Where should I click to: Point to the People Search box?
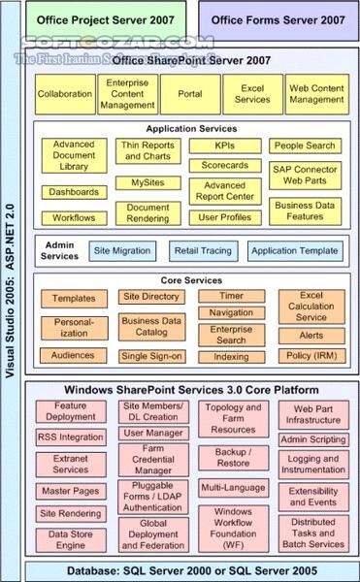304,145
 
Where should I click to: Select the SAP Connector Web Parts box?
304,175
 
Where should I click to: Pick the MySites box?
148,182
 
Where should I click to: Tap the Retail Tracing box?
203,251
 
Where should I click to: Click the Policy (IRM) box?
311,356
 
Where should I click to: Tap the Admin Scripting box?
313,439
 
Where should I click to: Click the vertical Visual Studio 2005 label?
12,291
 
